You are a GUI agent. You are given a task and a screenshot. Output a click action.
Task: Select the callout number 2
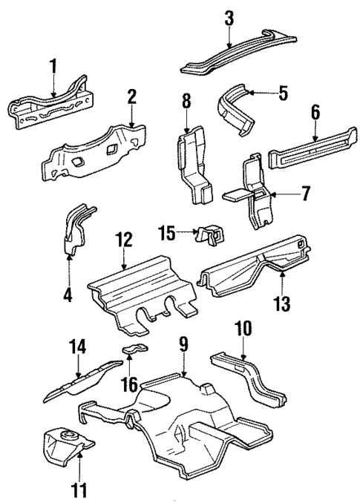pyautogui.click(x=131, y=96)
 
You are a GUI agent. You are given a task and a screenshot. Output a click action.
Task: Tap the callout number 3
pyautogui.click(x=229, y=17)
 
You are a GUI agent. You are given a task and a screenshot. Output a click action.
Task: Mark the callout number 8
pyautogui.click(x=186, y=102)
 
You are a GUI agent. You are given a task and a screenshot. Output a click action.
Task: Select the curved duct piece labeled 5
pyautogui.click(x=235, y=109)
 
